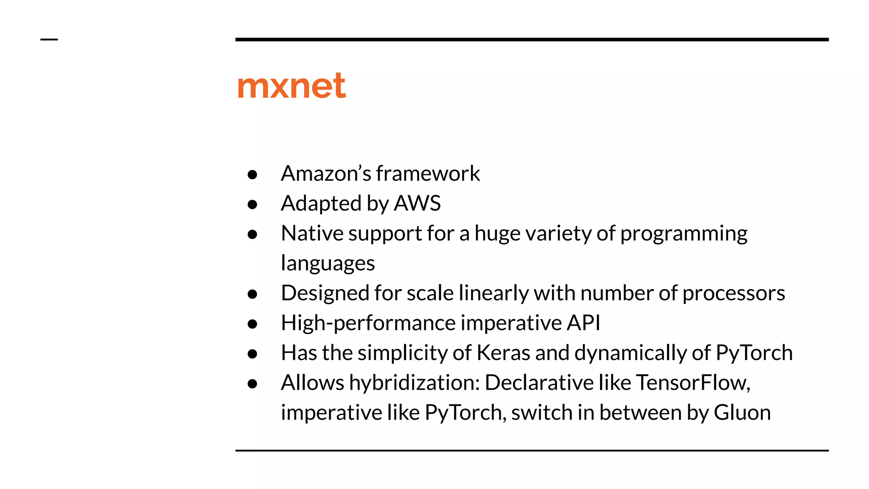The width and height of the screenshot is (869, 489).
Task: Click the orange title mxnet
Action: pos(292,86)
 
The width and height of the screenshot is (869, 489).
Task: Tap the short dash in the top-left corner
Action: pos(49,40)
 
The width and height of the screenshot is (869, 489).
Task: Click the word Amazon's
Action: pos(326,173)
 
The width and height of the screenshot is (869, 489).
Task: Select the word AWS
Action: pos(417,203)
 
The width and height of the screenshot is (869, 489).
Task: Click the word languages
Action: pos(328,264)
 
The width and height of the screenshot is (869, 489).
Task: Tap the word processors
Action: pos(734,293)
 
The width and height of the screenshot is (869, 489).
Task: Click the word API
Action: pos(584,323)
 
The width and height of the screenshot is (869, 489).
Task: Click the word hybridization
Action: pos(414,383)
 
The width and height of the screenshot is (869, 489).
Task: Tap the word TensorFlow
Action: pos(693,383)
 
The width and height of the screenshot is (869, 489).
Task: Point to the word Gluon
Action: pos(742,413)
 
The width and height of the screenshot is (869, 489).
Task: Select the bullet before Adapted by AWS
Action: pos(252,205)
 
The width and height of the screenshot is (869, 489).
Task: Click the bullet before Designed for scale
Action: pos(252,294)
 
